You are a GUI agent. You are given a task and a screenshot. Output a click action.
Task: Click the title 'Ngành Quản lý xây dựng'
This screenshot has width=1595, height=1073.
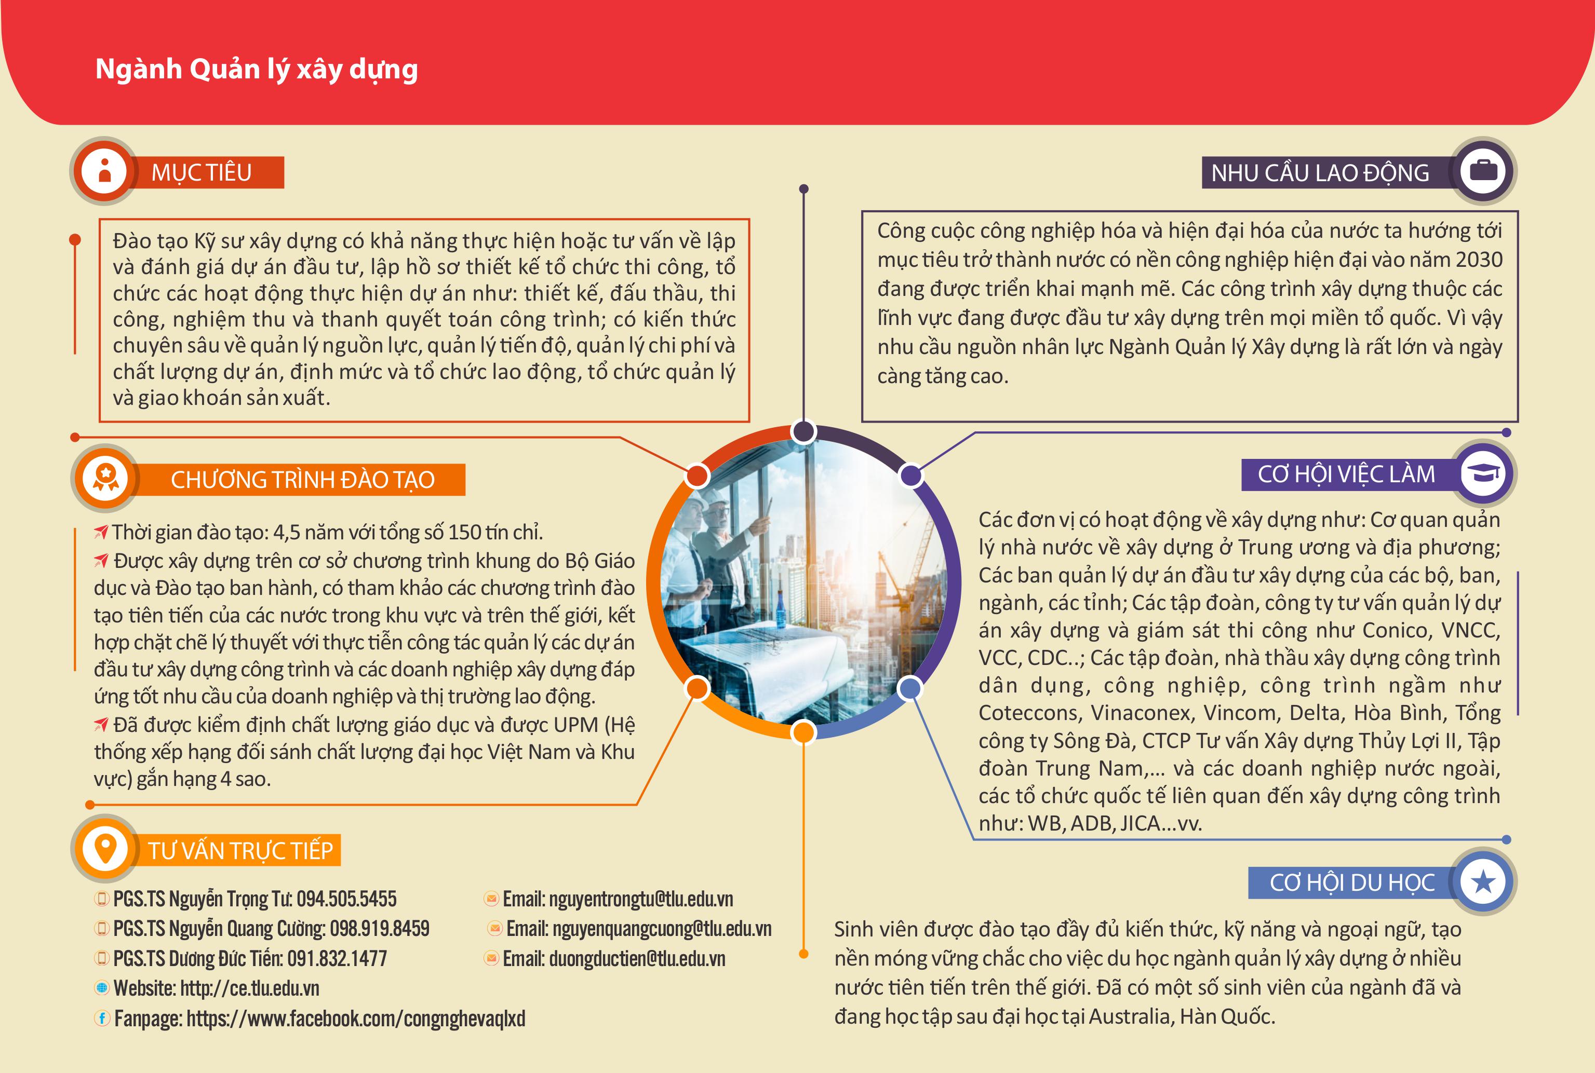tap(256, 70)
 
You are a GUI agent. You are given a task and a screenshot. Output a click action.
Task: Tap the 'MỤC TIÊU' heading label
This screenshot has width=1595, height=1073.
tap(201, 172)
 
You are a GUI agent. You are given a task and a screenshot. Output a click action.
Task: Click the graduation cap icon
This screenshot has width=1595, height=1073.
tap(1483, 473)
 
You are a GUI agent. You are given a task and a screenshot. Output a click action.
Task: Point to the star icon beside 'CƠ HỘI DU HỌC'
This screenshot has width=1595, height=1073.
tap(1483, 881)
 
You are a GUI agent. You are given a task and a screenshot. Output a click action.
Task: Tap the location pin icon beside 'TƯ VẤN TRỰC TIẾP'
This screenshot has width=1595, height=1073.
tap(105, 849)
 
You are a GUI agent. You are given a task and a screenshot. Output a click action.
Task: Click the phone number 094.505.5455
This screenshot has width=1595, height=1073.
tap(346, 899)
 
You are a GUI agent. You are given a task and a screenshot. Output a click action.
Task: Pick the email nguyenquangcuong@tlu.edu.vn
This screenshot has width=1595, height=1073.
tap(661, 929)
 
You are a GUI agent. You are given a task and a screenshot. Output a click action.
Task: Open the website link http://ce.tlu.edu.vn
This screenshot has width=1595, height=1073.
tap(250, 988)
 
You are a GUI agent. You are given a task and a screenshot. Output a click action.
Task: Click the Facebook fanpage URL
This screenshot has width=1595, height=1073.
tap(355, 1018)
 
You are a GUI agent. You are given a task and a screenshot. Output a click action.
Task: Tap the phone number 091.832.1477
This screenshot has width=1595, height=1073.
tap(337, 959)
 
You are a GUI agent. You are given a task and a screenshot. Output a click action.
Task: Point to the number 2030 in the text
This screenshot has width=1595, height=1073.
tap(1479, 260)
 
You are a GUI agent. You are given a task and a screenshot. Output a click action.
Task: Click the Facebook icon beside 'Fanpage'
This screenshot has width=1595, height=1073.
tap(102, 1018)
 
